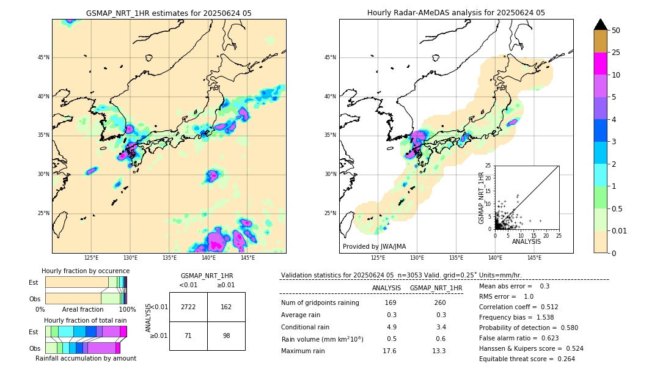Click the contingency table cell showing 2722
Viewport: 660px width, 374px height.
click(188, 307)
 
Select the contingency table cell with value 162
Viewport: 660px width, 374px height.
click(226, 307)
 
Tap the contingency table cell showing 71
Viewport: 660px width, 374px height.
click(188, 335)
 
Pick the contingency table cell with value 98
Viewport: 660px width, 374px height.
click(226, 335)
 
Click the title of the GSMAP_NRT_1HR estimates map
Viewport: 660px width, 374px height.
click(169, 13)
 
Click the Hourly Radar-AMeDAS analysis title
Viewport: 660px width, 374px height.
click(456, 13)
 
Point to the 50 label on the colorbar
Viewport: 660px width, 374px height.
click(616, 31)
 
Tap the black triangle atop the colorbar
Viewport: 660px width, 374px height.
click(601, 24)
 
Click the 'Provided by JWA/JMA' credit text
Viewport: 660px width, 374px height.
click(374, 246)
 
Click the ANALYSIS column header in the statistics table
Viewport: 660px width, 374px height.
click(386, 288)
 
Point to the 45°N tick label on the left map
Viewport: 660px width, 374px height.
click(43, 57)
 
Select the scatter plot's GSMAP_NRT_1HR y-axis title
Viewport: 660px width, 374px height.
click(481, 197)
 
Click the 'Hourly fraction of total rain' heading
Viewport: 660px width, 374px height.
click(86, 320)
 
